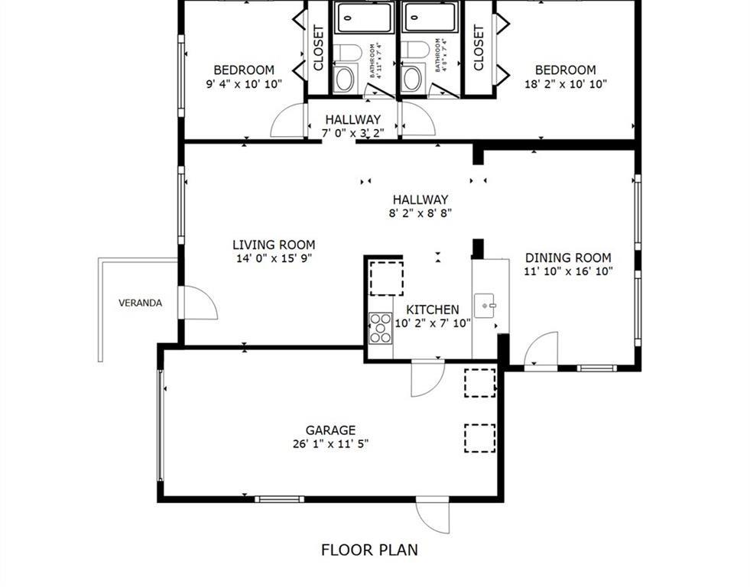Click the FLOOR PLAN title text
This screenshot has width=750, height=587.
coord(369,550)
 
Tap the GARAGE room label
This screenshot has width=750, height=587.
coord(330,430)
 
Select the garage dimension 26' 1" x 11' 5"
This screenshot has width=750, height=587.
coord(330,443)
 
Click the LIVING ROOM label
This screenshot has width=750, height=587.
coord(274,245)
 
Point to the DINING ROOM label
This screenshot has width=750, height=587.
coord(567,258)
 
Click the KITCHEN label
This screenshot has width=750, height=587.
coord(432,310)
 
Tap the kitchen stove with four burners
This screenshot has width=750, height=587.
coord(380,327)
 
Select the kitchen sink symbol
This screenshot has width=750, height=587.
coord(486,306)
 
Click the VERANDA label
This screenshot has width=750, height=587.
coord(140,303)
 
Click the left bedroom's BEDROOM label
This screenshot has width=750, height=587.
coord(243,70)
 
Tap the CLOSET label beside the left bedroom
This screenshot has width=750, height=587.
coord(319,48)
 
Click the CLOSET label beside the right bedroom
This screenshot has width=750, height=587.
coord(479,48)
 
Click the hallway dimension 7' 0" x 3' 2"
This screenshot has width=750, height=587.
coord(352,133)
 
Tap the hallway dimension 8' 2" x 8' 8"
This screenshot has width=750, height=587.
coord(420,213)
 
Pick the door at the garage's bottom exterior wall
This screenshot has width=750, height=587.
coord(433,517)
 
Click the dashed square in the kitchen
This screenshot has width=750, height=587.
coord(386,278)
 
